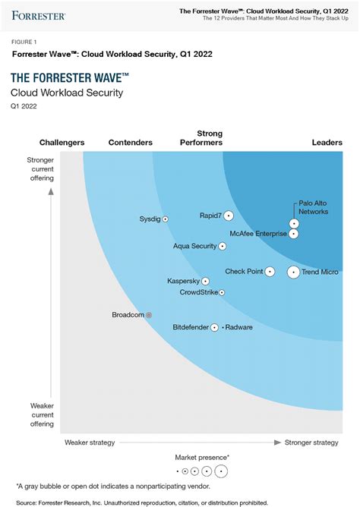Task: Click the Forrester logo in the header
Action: point(39,14)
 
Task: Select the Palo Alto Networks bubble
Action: point(294,223)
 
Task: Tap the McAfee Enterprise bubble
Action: point(294,234)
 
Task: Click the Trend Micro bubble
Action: point(293,272)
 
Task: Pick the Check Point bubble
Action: point(270,272)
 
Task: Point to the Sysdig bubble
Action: point(166,219)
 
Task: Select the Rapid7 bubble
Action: point(229,216)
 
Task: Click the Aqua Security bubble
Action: point(223,247)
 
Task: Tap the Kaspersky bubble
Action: point(205,281)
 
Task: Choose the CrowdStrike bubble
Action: point(222,292)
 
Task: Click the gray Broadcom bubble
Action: point(149,315)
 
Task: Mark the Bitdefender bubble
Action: point(214,328)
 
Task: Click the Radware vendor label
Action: point(239,328)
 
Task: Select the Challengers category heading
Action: point(62,143)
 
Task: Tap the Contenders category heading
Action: point(131,143)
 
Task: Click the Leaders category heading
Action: point(327,143)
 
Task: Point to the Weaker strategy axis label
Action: point(90,442)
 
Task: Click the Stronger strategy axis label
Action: point(311,442)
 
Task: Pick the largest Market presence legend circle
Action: point(221,471)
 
